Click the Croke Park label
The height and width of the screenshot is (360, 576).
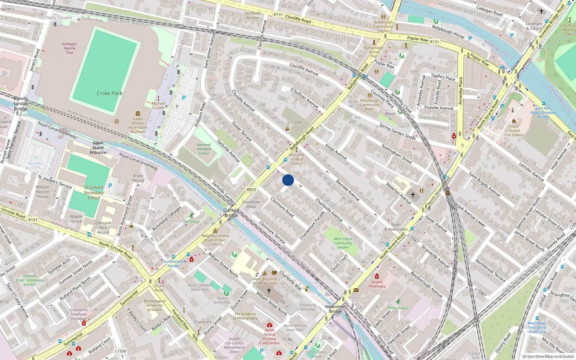click(x=109, y=93)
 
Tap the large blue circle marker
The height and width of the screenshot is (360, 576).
click(x=288, y=180)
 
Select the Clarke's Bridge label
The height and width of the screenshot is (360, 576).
click(x=231, y=213)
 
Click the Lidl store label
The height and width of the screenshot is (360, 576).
click(x=298, y=122)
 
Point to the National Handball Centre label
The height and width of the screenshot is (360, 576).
click(x=204, y=149)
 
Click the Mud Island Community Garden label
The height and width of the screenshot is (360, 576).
click(x=343, y=243)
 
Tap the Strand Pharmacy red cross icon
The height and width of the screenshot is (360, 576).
click(x=377, y=276)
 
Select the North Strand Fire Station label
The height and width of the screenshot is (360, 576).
click(x=514, y=131)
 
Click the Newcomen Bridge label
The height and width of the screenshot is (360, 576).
click(x=335, y=309)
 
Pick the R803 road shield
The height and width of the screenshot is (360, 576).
click(x=251, y=189)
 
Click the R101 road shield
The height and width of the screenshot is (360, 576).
click(x=33, y=220)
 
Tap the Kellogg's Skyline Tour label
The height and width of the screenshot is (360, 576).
click(x=69, y=48)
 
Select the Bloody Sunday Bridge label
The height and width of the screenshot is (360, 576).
click(x=21, y=104)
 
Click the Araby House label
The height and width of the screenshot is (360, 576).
click(x=138, y=178)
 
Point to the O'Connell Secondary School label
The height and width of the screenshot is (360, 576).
click(x=94, y=193)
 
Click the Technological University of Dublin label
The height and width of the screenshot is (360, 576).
click(x=154, y=305)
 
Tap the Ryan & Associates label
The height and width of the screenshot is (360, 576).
click(x=396, y=227)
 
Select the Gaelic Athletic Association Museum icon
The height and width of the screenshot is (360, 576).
click(x=138, y=113)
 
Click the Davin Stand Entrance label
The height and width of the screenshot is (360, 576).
click(x=98, y=148)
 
